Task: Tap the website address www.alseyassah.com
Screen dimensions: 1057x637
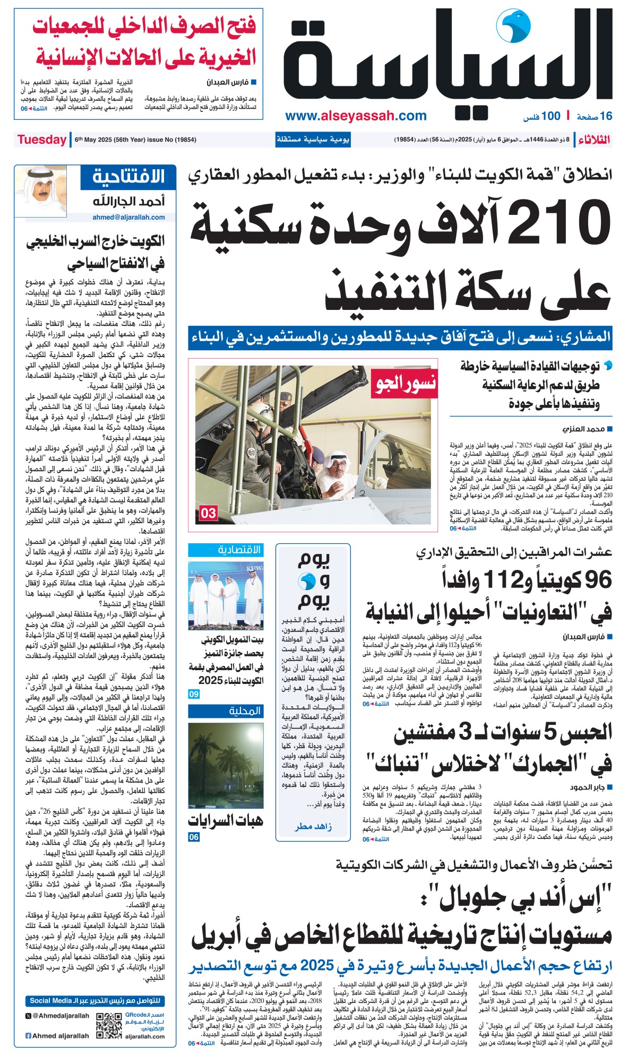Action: click(356, 116)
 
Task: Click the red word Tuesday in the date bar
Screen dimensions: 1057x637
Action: click(41, 140)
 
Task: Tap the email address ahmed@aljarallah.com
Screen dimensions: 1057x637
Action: click(128, 217)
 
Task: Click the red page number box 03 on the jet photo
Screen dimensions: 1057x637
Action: click(208, 513)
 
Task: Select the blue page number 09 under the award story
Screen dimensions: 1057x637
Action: click(194, 694)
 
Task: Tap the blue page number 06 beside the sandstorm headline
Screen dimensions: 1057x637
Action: click(194, 837)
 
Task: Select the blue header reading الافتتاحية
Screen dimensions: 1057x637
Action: click(128, 177)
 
